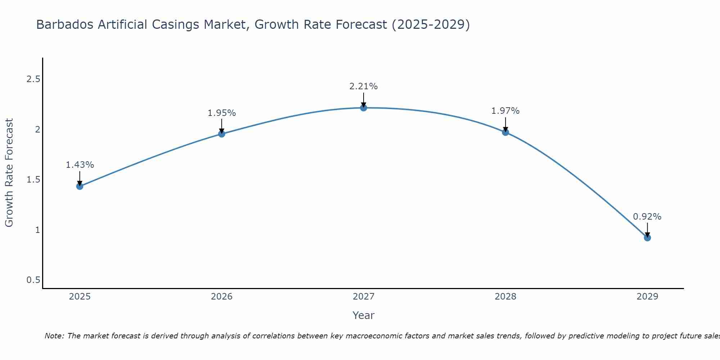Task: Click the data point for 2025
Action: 80,186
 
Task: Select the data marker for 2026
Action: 222,134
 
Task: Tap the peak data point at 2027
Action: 364,108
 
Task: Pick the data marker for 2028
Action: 505,132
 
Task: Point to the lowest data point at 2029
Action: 647,238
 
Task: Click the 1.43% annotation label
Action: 80,165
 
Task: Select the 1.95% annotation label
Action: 222,113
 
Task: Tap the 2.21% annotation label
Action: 364,86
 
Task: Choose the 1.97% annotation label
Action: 505,111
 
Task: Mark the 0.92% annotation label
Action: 647,217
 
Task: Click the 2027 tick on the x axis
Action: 364,297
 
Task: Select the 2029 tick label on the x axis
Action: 647,297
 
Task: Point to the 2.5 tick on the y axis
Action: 33,79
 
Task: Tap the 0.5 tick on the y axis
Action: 33,280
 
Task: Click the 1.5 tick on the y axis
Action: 33,180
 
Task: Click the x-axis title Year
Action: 364,315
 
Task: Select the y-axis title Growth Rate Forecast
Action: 9,173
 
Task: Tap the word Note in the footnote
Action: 54,336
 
